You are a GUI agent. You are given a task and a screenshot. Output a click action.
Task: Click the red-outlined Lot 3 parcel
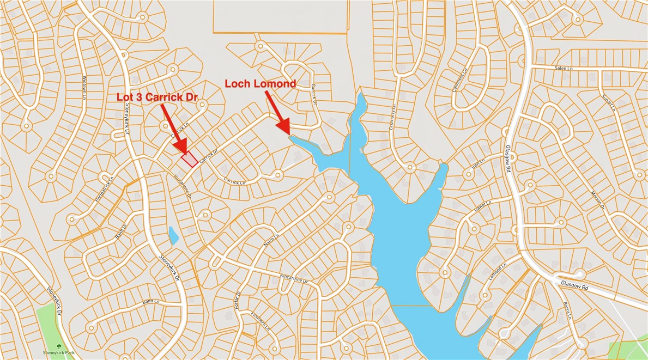[189, 159]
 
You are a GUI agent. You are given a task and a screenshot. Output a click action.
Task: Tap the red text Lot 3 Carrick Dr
[158, 97]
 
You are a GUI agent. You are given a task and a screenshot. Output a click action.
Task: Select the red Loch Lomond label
[261, 84]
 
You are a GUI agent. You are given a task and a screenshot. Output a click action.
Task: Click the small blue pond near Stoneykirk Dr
[173, 235]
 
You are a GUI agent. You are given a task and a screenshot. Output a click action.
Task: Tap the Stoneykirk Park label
[59, 353]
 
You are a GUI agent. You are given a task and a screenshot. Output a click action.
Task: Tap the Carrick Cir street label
[235, 182]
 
